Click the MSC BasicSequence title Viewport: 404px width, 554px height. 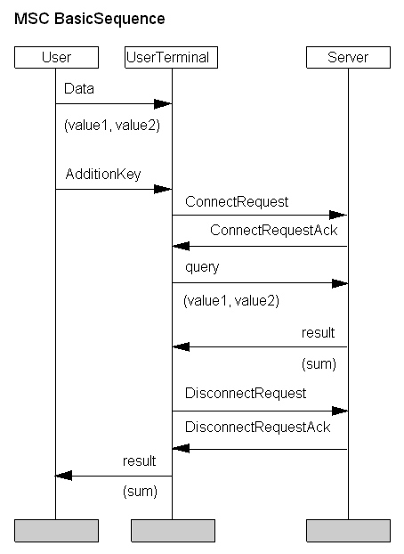(x=89, y=19)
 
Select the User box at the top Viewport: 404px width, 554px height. (x=56, y=57)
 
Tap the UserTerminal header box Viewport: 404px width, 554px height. (x=171, y=57)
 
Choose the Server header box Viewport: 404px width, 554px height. (x=348, y=57)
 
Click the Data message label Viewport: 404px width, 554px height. (x=79, y=89)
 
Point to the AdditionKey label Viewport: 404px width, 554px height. (x=103, y=175)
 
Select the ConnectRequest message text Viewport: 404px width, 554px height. (x=237, y=202)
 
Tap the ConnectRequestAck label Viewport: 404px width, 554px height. (x=274, y=231)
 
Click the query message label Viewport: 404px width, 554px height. (x=202, y=267)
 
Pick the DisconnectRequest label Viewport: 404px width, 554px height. (x=246, y=394)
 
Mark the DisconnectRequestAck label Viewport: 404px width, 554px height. (x=258, y=428)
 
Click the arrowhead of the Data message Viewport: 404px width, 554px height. (x=163, y=104)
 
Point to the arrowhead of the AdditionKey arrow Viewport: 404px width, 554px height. (x=163, y=190)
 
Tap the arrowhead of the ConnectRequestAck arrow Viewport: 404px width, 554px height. (x=182, y=246)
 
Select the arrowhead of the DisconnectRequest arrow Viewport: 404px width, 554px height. (x=340, y=411)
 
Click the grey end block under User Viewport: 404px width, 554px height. (x=56, y=531)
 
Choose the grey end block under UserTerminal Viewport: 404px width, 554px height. (x=173, y=531)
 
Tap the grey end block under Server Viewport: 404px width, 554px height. (x=348, y=531)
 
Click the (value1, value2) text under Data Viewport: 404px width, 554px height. (x=112, y=126)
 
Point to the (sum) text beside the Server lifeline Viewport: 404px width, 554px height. (x=319, y=364)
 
